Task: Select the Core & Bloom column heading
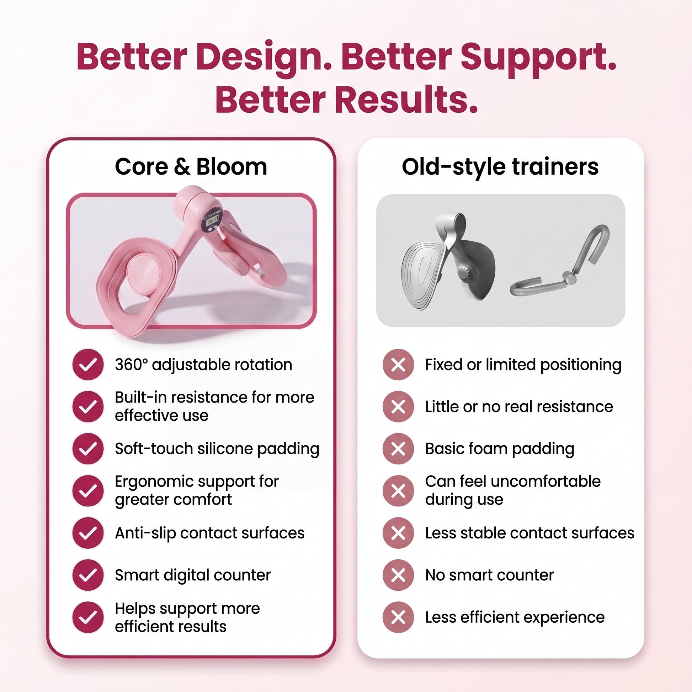[191, 166]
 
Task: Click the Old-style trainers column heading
[500, 167]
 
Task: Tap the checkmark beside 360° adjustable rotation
[88, 364]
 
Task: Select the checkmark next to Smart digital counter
[88, 575]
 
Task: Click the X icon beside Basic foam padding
[398, 449]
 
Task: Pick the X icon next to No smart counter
[398, 575]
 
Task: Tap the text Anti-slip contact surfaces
[209, 533]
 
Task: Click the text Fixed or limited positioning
[523, 365]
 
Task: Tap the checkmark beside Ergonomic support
[88, 491]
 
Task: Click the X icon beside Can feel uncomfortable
[398, 491]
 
